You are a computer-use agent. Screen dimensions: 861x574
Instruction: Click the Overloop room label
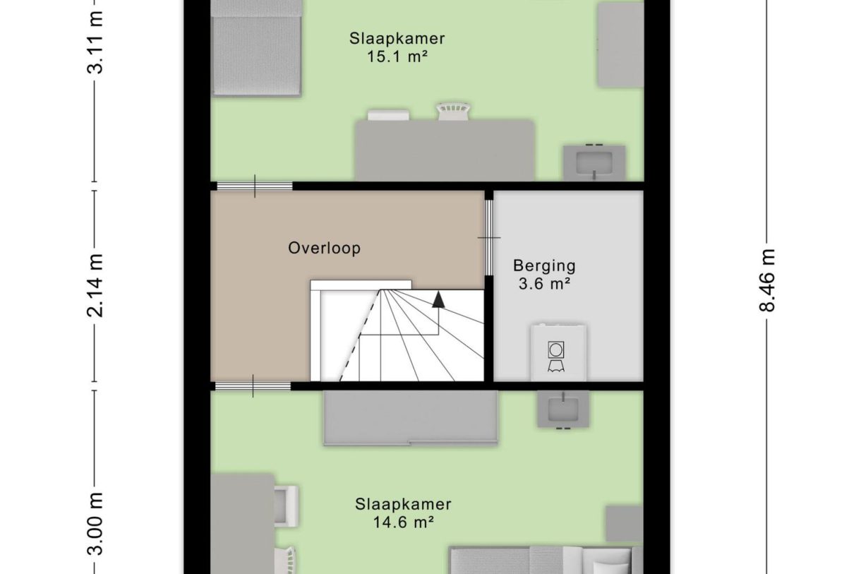click(x=325, y=248)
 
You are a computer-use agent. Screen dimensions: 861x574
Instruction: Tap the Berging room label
click(x=544, y=265)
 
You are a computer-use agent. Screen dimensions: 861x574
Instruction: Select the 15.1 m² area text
click(x=397, y=57)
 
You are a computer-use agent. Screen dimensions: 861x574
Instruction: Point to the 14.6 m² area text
click(x=404, y=522)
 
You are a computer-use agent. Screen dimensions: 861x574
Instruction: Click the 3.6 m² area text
click(x=544, y=284)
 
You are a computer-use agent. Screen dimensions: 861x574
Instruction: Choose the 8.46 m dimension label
click(x=767, y=280)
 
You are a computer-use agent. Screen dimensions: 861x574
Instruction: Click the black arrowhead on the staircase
click(x=438, y=299)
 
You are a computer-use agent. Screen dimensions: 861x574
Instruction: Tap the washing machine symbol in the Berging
click(x=556, y=357)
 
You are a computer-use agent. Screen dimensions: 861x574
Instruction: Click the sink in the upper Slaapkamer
click(x=594, y=162)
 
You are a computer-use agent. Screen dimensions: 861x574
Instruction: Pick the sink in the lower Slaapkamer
click(x=563, y=409)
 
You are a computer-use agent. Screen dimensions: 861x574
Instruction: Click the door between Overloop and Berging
click(x=488, y=238)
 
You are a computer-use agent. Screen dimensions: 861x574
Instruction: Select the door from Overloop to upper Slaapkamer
click(x=255, y=186)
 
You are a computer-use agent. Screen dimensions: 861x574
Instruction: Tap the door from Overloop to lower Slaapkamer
click(x=253, y=386)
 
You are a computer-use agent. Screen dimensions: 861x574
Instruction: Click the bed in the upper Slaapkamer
click(x=256, y=48)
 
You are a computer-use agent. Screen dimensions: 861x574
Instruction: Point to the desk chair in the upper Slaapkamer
click(x=454, y=112)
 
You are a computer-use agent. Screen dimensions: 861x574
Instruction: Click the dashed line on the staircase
click(x=360, y=335)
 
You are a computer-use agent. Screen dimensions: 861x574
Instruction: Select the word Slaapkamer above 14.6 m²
click(x=403, y=504)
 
